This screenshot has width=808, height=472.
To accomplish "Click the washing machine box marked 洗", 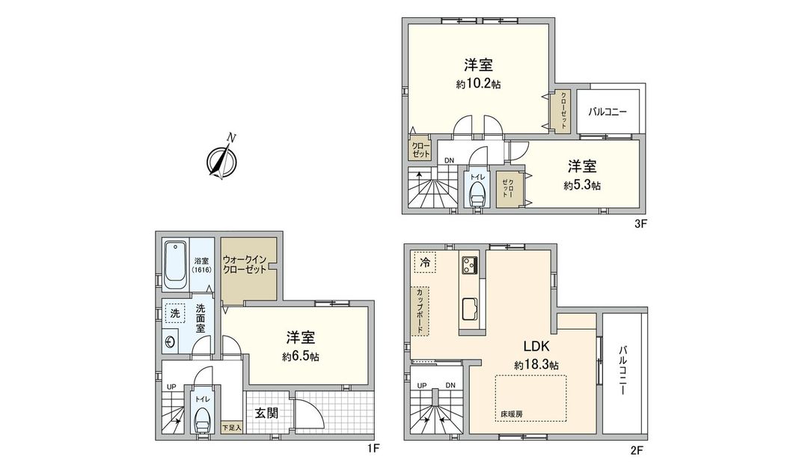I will coord(174,313).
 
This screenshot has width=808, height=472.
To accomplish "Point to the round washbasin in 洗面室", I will coord(171,342).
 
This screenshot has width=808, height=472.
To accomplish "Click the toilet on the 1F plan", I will coord(202,420).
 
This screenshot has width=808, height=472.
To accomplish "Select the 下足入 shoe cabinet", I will coord(230,429).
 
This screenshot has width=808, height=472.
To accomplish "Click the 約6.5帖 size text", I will coord(301,357).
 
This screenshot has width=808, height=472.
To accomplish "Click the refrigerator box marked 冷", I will coord(424,262).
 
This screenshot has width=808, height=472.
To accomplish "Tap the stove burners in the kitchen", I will coord(471,265).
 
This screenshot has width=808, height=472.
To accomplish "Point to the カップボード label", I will coord(420,310).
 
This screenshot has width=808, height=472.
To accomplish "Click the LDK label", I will coord(536,346).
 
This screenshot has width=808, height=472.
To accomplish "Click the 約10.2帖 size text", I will coord(478,85).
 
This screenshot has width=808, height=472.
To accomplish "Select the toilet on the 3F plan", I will coord(476,194).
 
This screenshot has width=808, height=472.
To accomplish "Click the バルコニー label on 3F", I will coord(607,112).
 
